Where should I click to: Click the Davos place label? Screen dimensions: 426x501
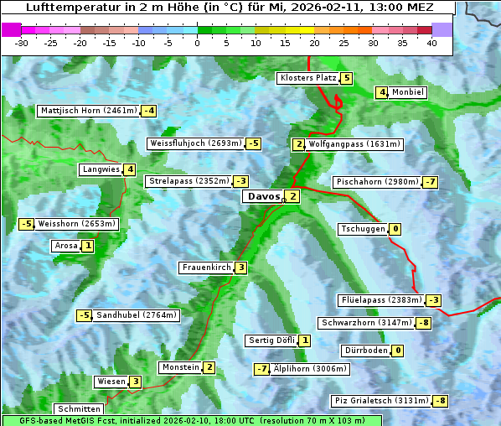coord(263,196)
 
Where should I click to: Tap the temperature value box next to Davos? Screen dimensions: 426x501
coord(292,196)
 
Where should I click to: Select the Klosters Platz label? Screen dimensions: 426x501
coord(308,78)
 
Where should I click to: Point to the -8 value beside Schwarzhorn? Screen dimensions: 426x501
coord(424,323)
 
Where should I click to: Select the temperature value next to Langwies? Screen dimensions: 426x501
coord(129,169)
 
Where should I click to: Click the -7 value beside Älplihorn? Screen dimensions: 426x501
coord(262,368)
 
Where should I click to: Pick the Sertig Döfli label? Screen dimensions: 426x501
coord(272,340)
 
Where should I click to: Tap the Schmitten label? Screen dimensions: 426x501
coord(79,408)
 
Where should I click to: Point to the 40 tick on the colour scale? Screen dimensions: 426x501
coord(431,43)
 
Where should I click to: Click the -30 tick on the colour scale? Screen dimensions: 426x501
coord(22,43)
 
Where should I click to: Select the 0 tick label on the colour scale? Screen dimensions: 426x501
coord(197,43)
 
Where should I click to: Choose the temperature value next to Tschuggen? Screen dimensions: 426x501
coord(395,229)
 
